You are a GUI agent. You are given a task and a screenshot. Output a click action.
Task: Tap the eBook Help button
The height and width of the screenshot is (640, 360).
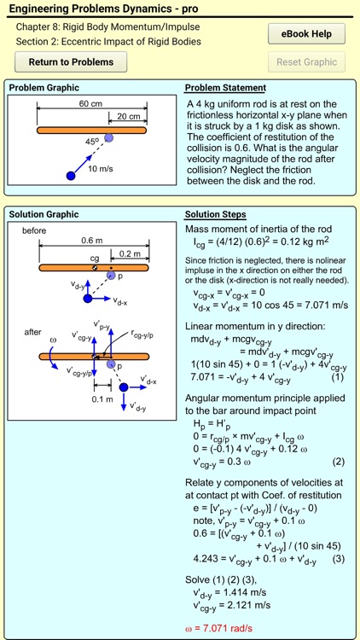(x=306, y=34)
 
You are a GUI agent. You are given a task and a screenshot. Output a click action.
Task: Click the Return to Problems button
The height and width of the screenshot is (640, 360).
(x=71, y=61)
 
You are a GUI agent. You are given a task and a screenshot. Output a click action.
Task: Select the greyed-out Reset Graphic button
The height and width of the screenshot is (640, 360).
(x=306, y=61)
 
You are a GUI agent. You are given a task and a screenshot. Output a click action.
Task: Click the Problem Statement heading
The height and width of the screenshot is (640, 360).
(x=225, y=88)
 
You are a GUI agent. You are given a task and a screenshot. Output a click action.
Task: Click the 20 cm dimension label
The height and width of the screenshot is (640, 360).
(x=128, y=117)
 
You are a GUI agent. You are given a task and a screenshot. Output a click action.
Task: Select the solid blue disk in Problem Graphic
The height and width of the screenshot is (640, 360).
(x=71, y=176)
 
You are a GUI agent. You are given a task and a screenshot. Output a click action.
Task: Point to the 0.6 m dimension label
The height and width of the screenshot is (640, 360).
(x=93, y=241)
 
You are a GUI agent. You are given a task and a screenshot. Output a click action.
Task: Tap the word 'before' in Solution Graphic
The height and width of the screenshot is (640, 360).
(x=35, y=230)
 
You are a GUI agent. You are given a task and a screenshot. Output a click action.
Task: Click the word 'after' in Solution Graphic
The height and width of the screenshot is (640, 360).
(x=32, y=332)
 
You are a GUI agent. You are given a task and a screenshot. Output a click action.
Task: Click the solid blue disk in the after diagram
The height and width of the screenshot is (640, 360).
(x=124, y=387)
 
